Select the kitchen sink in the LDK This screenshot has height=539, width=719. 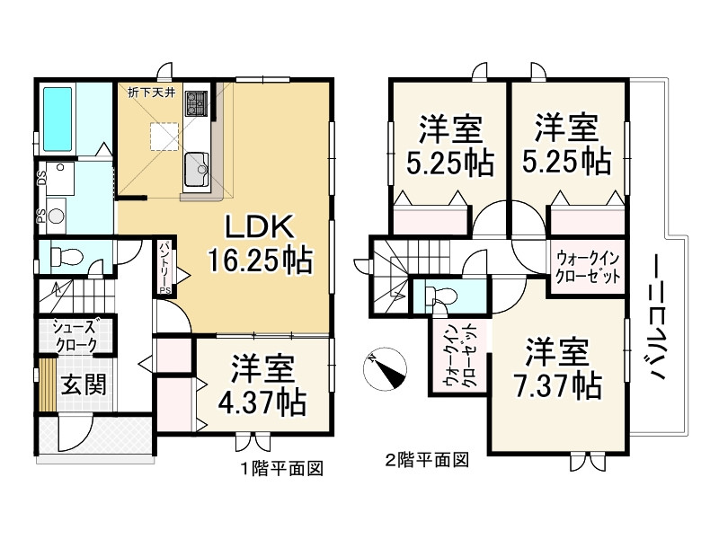195,165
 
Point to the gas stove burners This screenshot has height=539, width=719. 196,107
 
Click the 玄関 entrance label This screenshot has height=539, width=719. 84,384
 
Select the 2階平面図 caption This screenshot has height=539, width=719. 427,461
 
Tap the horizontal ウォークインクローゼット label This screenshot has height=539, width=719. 588,265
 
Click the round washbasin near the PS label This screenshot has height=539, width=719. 57,216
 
